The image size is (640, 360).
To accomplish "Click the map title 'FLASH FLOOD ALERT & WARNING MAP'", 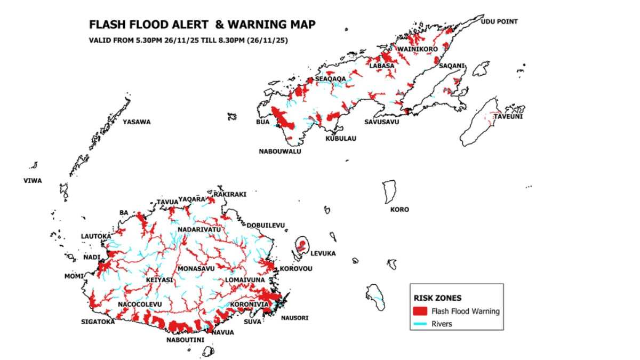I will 202,25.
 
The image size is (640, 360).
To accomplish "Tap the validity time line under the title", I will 189,40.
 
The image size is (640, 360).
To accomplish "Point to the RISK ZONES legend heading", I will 438,298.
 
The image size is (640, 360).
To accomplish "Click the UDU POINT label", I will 499,22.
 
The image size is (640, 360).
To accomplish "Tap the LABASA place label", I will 382,66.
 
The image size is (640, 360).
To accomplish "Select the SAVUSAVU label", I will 381,122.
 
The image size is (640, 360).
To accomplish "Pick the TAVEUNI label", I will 508,117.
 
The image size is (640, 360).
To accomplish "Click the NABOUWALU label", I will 280,151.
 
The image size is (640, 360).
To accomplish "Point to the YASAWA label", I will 137,122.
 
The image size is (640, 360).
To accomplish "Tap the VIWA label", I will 33,181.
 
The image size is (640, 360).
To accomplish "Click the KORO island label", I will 399,210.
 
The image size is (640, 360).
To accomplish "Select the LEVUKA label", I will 323,253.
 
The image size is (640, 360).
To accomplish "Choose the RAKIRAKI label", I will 230,195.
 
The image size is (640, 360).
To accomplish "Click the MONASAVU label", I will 196,268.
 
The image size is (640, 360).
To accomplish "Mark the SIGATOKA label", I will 98,322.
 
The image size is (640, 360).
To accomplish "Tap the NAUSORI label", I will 294,318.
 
